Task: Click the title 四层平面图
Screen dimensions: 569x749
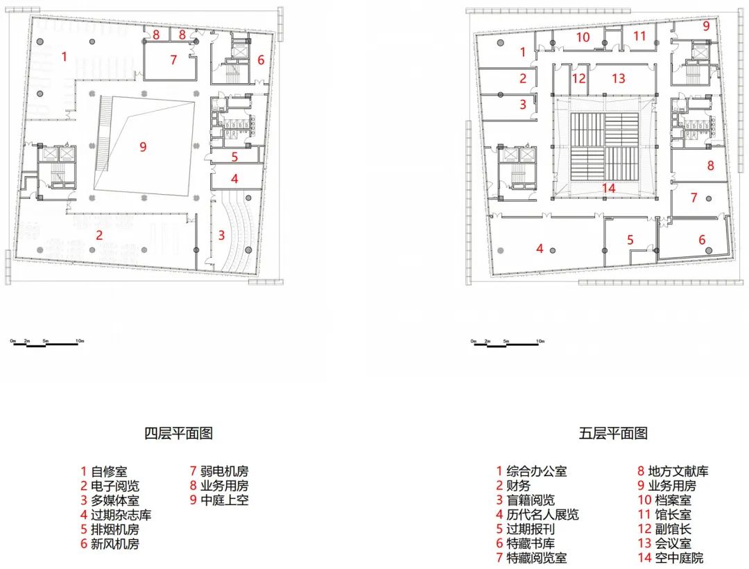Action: (x=178, y=434)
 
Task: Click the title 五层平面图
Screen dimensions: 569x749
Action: (x=613, y=434)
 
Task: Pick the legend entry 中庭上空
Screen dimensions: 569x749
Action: (x=218, y=500)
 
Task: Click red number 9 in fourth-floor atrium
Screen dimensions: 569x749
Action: (x=144, y=146)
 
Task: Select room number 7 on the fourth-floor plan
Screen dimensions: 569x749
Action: (x=173, y=60)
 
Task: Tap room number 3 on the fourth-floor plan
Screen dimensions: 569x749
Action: (x=222, y=235)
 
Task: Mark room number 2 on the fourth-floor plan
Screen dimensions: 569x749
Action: (x=100, y=235)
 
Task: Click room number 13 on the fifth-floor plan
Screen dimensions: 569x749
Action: (x=619, y=78)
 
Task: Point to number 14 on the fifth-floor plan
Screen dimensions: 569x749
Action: (x=609, y=188)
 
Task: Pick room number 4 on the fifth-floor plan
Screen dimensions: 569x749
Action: (x=540, y=247)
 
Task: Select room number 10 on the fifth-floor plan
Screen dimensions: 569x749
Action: (x=583, y=37)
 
